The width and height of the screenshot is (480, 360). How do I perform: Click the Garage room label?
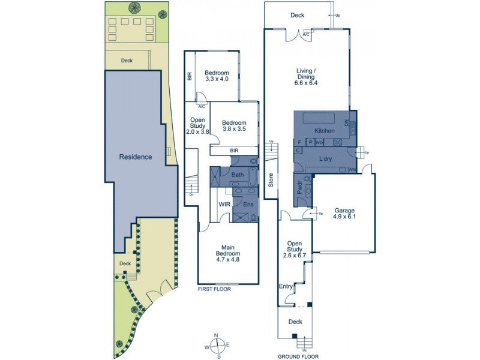tap(344, 214)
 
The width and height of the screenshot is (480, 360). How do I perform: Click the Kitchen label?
tap(324, 130)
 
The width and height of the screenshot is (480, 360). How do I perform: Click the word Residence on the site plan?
tap(136, 157)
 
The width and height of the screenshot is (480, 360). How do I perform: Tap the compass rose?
tap(218, 344)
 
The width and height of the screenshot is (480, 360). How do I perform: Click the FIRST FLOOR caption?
tap(214, 289)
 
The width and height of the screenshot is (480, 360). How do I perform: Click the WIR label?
tap(225, 205)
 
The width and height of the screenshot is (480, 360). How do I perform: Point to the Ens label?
tap(247, 205)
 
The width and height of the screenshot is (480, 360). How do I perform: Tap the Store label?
tap(271, 181)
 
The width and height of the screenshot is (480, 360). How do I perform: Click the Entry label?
tap(286, 287)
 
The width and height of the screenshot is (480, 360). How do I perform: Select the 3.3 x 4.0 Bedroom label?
tap(217, 75)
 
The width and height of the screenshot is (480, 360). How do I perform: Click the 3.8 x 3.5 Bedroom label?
tap(234, 124)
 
